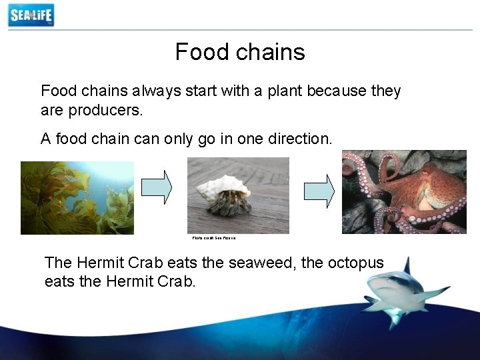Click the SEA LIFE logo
[31, 15]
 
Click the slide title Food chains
[240, 52]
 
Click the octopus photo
[404, 191]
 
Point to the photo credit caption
[214, 238]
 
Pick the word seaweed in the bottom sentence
[262, 263]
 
